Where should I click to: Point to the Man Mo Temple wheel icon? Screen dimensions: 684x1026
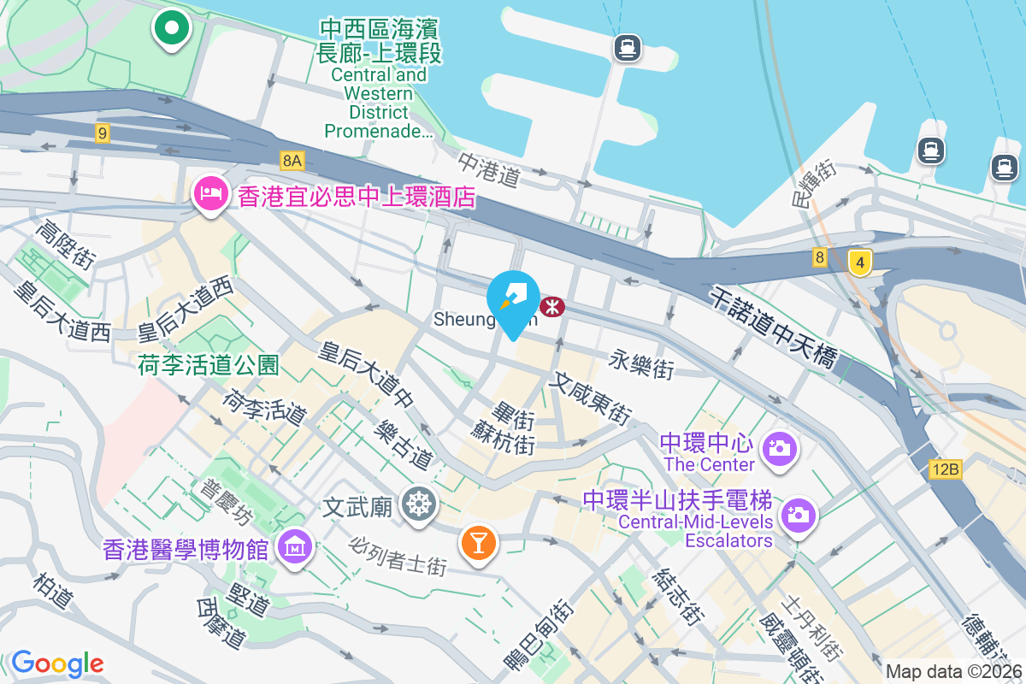tap(419, 504)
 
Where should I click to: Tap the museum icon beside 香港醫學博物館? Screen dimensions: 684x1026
tap(294, 545)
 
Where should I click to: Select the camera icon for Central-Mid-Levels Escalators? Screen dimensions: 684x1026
tap(799, 514)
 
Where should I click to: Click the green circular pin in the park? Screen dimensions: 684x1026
tap(172, 27)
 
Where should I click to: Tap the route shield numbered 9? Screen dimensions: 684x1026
tap(103, 133)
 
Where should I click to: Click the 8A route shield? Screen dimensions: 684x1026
tap(292, 160)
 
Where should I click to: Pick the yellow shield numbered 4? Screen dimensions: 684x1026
tap(859, 262)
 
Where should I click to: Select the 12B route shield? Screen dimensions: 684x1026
tap(946, 469)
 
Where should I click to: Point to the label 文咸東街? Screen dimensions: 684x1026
tap(593, 398)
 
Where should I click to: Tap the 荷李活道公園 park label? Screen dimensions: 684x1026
tap(209, 366)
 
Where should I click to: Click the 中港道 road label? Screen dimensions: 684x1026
tap(489, 170)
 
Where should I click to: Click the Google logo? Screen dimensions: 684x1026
tap(57, 663)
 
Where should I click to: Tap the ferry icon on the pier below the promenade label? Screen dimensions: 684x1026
tap(628, 48)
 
